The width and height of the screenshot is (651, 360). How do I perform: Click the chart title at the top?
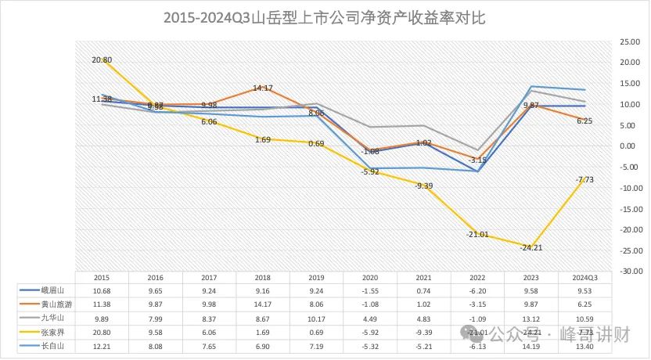(325, 18)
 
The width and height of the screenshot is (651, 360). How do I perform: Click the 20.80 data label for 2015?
(102, 59)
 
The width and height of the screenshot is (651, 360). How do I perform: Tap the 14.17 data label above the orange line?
(262, 88)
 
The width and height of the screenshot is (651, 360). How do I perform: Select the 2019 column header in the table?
(316, 277)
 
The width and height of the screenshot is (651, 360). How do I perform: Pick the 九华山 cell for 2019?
(316, 317)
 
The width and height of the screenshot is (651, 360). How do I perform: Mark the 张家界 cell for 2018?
(263, 331)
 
